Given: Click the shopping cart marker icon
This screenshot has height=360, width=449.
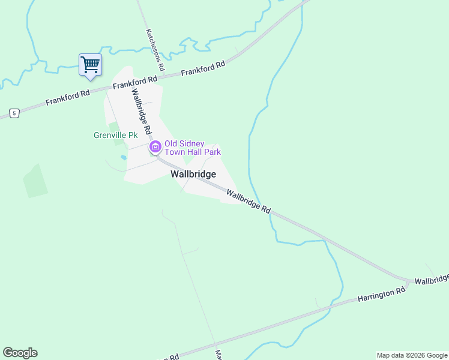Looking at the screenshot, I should click(90, 64).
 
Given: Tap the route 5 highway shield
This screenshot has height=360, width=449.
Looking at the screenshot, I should click(14, 112).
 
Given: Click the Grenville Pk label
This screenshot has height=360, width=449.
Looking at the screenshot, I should click(115, 135).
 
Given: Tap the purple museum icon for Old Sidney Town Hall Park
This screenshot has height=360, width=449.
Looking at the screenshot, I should click(155, 146).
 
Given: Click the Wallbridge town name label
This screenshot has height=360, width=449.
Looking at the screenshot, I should click(193, 174).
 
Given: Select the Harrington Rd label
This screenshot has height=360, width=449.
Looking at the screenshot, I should click(381, 293).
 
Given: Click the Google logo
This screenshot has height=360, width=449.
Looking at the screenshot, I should click(20, 353).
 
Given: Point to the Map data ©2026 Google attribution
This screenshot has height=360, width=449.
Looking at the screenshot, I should click(412, 355).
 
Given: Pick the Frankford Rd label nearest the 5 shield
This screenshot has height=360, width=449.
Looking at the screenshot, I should click(67, 97).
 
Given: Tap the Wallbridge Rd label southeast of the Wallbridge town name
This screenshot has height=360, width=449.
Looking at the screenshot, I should click(248, 200).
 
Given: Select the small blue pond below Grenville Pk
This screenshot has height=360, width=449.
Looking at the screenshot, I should click(123, 157).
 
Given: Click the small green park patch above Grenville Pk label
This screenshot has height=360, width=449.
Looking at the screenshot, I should click(113, 126).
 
